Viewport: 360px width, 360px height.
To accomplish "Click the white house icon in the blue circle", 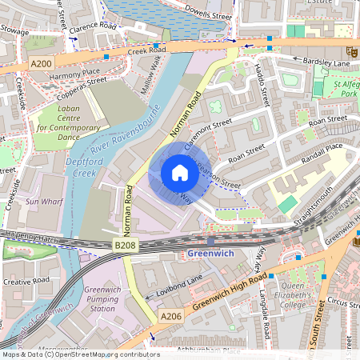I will [x=179, y=173].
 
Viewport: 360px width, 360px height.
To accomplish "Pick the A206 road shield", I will [x=171, y=318].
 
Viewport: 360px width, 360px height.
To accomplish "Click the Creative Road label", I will [x=26, y=282].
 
